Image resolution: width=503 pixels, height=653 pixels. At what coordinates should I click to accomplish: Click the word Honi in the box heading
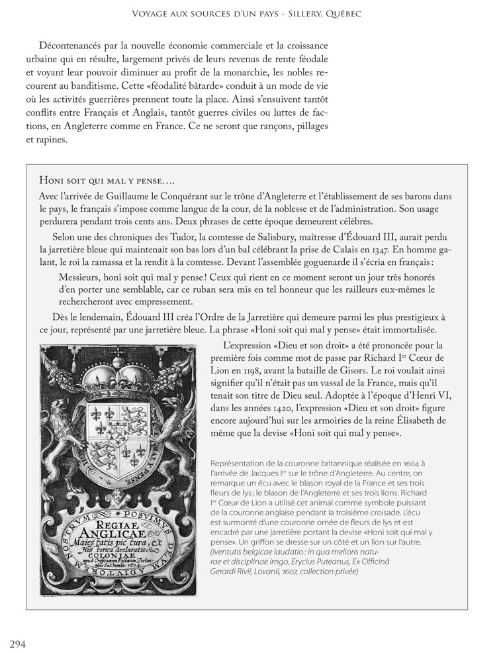pos(51,180)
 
